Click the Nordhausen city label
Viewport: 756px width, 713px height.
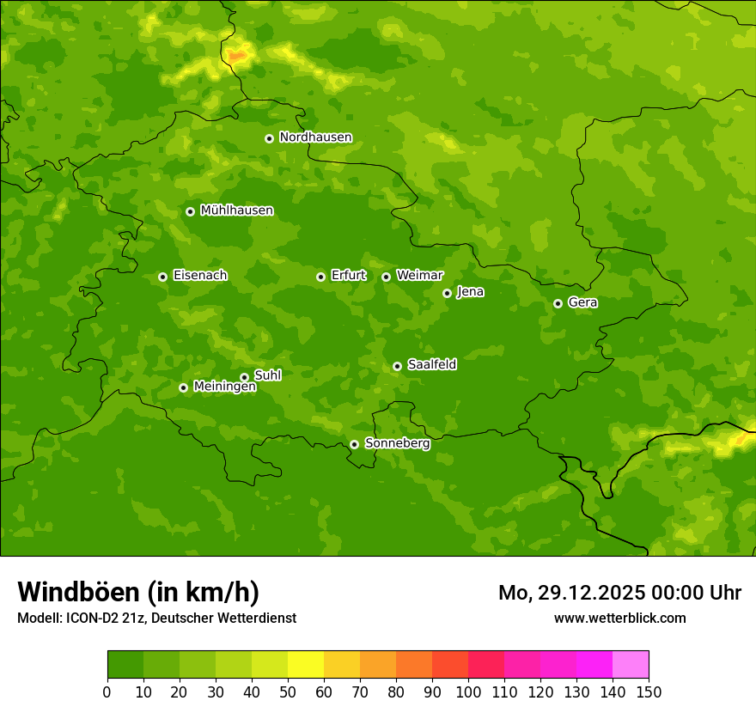pos(315,137)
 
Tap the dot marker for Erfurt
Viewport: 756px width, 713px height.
pos(320,277)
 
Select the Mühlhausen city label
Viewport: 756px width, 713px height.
pos(236,210)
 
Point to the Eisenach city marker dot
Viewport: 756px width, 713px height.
pos(162,277)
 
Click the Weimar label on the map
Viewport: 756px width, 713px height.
pos(419,276)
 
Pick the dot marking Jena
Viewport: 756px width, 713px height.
pos(447,293)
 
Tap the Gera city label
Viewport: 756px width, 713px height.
pos(582,302)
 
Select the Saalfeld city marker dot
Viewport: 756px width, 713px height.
pos(397,366)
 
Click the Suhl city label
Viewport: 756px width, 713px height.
pos(267,375)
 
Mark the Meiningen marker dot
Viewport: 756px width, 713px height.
pos(183,387)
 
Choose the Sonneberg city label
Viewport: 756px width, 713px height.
pos(397,443)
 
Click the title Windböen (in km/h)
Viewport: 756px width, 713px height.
pos(138,592)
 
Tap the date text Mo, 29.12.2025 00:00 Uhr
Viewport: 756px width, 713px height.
pos(619,593)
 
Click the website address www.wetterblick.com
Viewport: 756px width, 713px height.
pos(619,618)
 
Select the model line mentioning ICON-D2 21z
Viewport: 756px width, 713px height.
pos(156,618)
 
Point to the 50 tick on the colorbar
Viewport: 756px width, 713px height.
pos(288,692)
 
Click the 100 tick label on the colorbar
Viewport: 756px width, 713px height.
pos(468,692)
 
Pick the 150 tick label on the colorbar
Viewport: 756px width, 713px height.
pos(649,692)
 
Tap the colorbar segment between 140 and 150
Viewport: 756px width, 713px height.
pos(631,665)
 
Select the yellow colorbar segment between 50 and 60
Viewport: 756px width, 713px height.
pos(306,665)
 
